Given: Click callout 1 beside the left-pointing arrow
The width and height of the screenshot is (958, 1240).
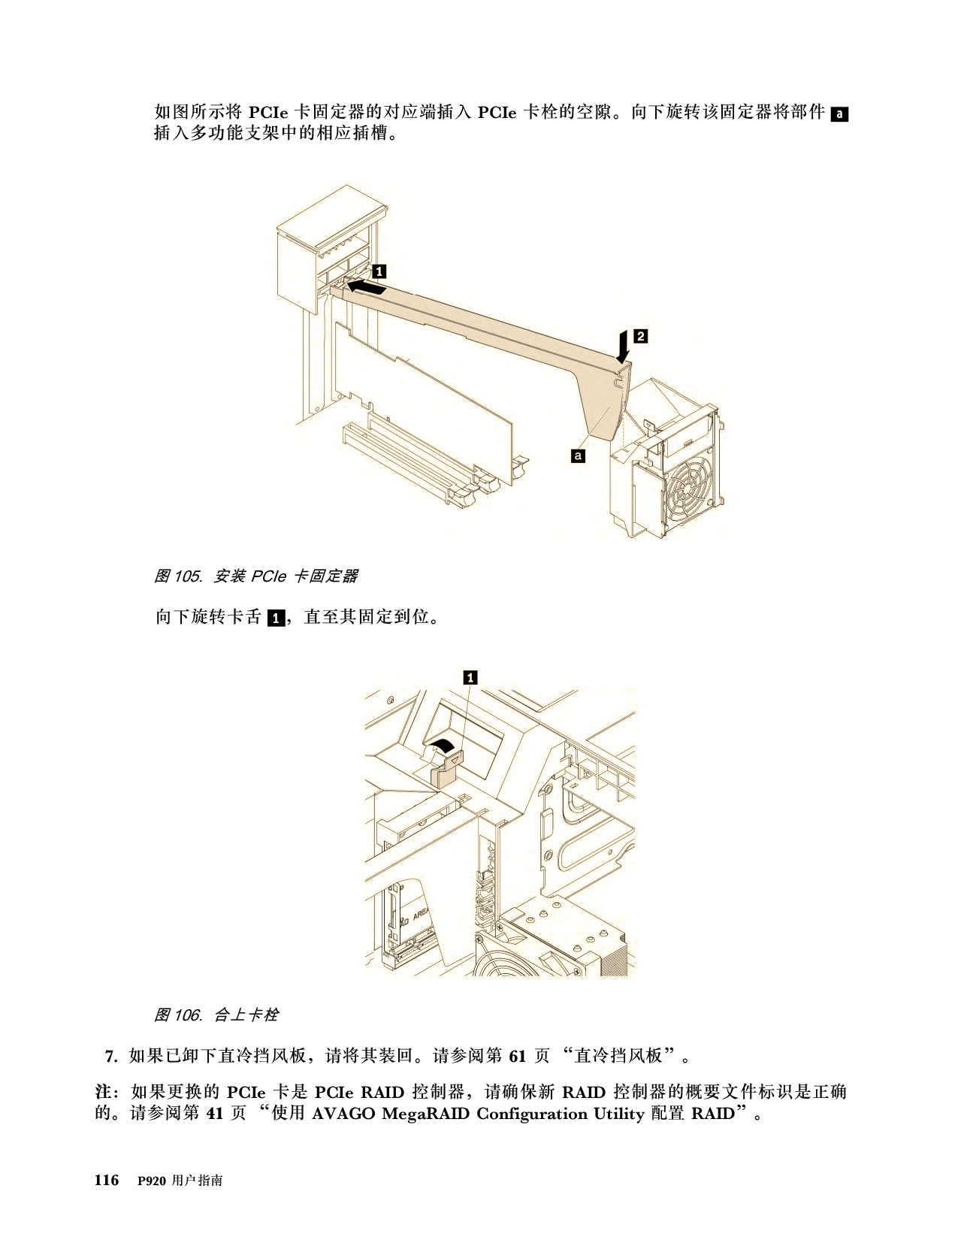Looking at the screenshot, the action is point(379,271).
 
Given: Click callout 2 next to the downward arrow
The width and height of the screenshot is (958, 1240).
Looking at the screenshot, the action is point(641,336).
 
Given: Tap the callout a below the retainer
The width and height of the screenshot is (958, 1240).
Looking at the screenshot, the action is point(578,455).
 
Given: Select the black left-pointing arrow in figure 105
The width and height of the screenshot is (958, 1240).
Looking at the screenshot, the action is point(367,286).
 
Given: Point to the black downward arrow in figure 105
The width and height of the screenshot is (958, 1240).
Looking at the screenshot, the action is point(624,346).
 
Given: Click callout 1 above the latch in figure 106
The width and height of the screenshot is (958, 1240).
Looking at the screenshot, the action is point(470,677).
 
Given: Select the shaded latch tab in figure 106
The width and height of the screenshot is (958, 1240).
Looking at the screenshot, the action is point(447,770).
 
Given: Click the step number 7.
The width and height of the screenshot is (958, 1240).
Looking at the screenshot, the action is point(111,1056).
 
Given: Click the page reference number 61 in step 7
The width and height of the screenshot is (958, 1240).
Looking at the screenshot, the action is point(517,1056).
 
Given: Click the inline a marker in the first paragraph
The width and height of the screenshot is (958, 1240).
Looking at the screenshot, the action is point(839,114).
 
